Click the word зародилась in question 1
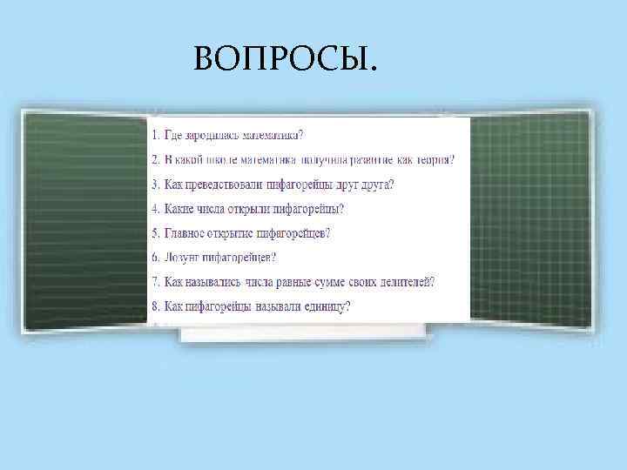tap(204, 135)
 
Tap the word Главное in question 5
tap(186, 233)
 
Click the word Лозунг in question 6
tap(181, 258)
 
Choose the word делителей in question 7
tap(403, 282)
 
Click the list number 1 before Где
tap(153, 135)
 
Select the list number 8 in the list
tap(153, 306)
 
